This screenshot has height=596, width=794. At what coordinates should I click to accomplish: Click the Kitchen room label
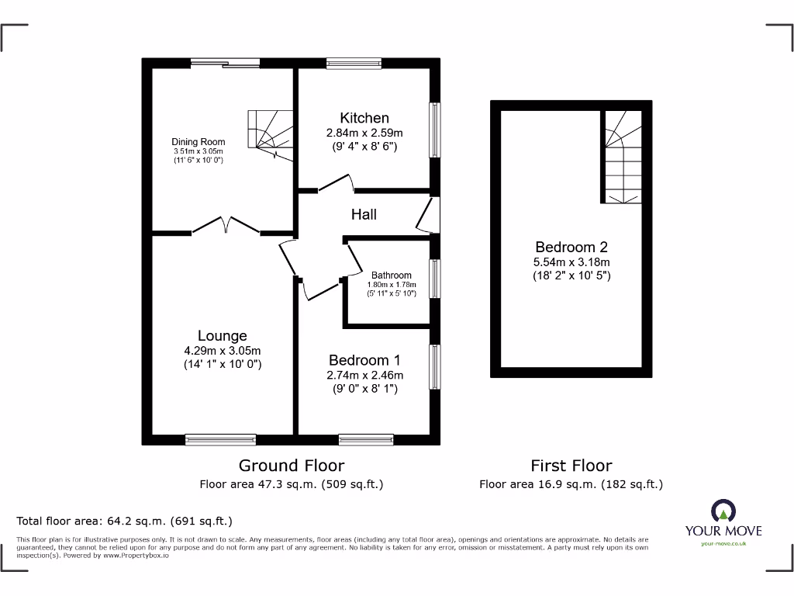[x=364, y=118]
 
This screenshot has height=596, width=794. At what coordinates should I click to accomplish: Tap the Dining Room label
[x=198, y=142]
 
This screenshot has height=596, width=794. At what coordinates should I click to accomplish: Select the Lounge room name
[x=222, y=335]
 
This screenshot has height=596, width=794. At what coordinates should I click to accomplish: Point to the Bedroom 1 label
[x=364, y=360]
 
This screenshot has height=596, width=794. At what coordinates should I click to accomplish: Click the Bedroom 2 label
[x=571, y=247]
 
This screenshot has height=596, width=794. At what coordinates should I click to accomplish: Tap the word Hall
[x=364, y=214]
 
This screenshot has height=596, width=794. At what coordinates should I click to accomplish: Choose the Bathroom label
[x=391, y=275]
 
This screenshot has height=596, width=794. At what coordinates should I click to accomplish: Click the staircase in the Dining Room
[x=270, y=133]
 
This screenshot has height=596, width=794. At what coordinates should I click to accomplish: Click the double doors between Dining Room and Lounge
[x=226, y=225]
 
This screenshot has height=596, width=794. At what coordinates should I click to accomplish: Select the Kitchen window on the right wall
[x=436, y=130]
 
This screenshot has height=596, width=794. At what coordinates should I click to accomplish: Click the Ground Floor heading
[x=291, y=466]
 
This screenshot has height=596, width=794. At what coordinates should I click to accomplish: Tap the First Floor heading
[x=571, y=466]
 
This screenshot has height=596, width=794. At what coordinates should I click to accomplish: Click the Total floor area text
[x=125, y=521]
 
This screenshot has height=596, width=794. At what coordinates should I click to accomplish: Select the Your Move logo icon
[x=723, y=511]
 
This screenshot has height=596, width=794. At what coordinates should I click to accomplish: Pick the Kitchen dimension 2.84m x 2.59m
[x=364, y=133]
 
